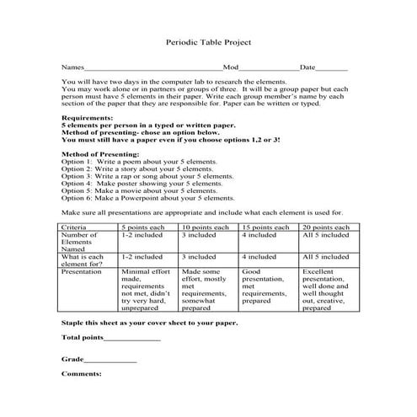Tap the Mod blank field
point(270,67)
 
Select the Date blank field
point(332,67)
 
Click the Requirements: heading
point(88,118)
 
